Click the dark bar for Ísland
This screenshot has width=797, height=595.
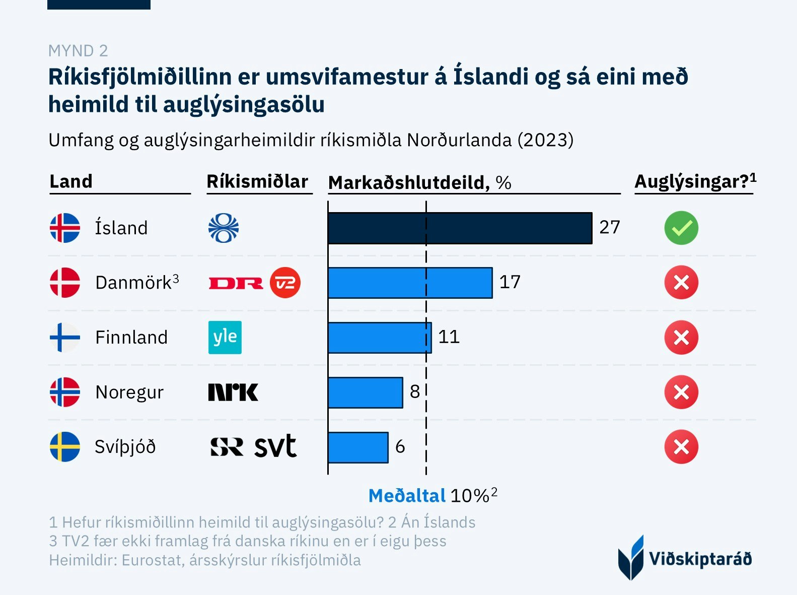tap(460, 228)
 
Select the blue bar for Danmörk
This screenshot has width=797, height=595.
tap(410, 283)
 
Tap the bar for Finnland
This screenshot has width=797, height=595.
tap(380, 338)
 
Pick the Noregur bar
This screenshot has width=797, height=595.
tap(365, 392)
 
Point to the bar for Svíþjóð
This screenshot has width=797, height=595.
tap(358, 447)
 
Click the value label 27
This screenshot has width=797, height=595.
tap(610, 227)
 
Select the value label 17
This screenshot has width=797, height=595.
tap(510, 282)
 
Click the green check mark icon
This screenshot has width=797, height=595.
tap(681, 228)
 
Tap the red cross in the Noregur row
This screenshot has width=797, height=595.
tap(681, 392)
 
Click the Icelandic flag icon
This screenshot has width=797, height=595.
tap(65, 228)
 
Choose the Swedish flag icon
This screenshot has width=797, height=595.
tap(65, 447)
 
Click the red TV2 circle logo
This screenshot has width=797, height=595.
tap(285, 283)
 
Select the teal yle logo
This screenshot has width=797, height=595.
tap(225, 337)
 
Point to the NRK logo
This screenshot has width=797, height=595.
tap(233, 392)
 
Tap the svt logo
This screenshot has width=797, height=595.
tap(275, 446)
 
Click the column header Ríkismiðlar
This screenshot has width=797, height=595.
tap(257, 181)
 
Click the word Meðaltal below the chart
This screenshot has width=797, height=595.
tap(407, 496)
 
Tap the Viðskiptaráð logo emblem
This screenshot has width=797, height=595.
tap(631, 558)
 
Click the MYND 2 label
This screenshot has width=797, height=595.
tap(78, 51)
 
